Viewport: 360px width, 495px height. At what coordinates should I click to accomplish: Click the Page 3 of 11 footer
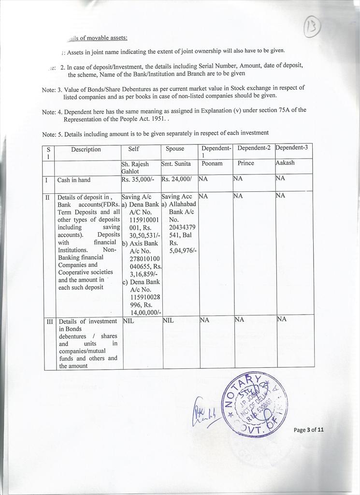click(x=309, y=430)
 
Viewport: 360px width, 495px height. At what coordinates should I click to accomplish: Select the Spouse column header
click(x=175, y=149)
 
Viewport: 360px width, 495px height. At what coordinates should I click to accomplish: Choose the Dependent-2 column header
click(x=254, y=147)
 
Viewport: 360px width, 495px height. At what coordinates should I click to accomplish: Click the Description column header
click(x=86, y=149)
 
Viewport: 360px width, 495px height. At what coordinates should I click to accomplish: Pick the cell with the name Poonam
click(x=212, y=163)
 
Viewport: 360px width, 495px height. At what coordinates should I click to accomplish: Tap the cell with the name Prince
click(x=245, y=163)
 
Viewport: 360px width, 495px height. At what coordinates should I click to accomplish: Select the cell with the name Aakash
click(x=285, y=163)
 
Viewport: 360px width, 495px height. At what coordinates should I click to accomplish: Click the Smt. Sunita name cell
click(x=176, y=163)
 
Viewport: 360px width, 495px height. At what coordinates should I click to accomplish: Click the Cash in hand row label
click(x=74, y=180)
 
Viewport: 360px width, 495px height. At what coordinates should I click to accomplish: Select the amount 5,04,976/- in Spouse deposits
click(x=182, y=250)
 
